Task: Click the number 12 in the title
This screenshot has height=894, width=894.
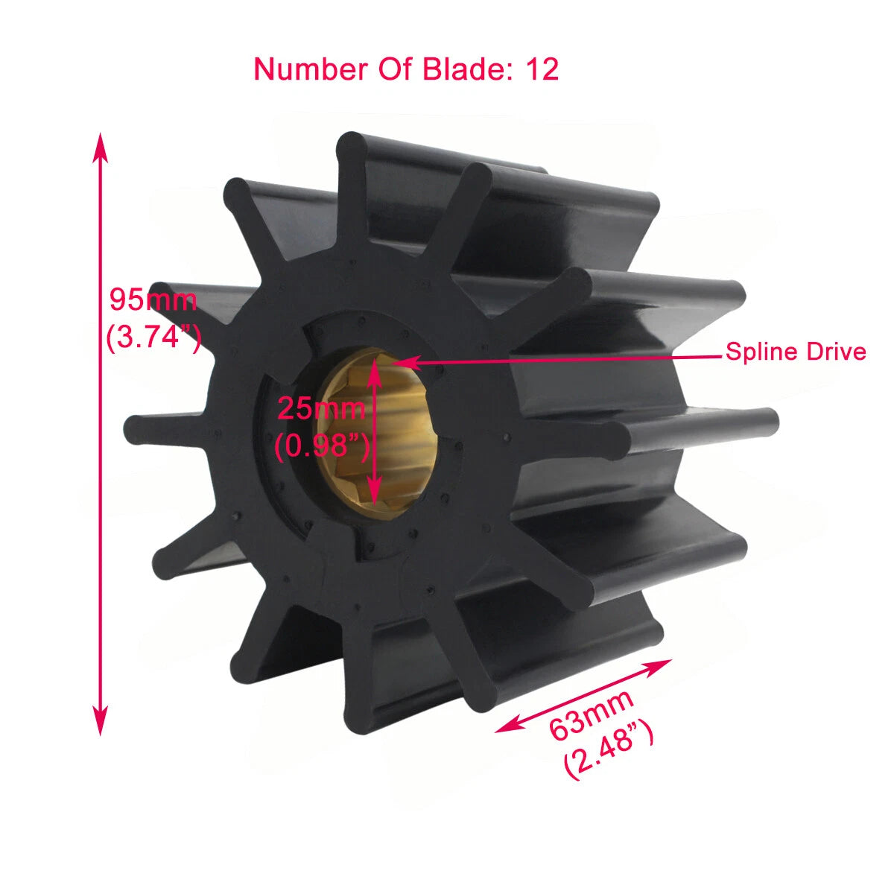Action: coord(542,69)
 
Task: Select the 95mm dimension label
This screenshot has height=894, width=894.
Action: coord(153,300)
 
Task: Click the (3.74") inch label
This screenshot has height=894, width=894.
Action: coord(153,337)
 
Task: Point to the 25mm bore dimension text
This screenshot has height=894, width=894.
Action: coord(321,408)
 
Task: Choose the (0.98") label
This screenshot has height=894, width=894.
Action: coord(321,446)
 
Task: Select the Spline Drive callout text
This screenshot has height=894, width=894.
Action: coord(796,352)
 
